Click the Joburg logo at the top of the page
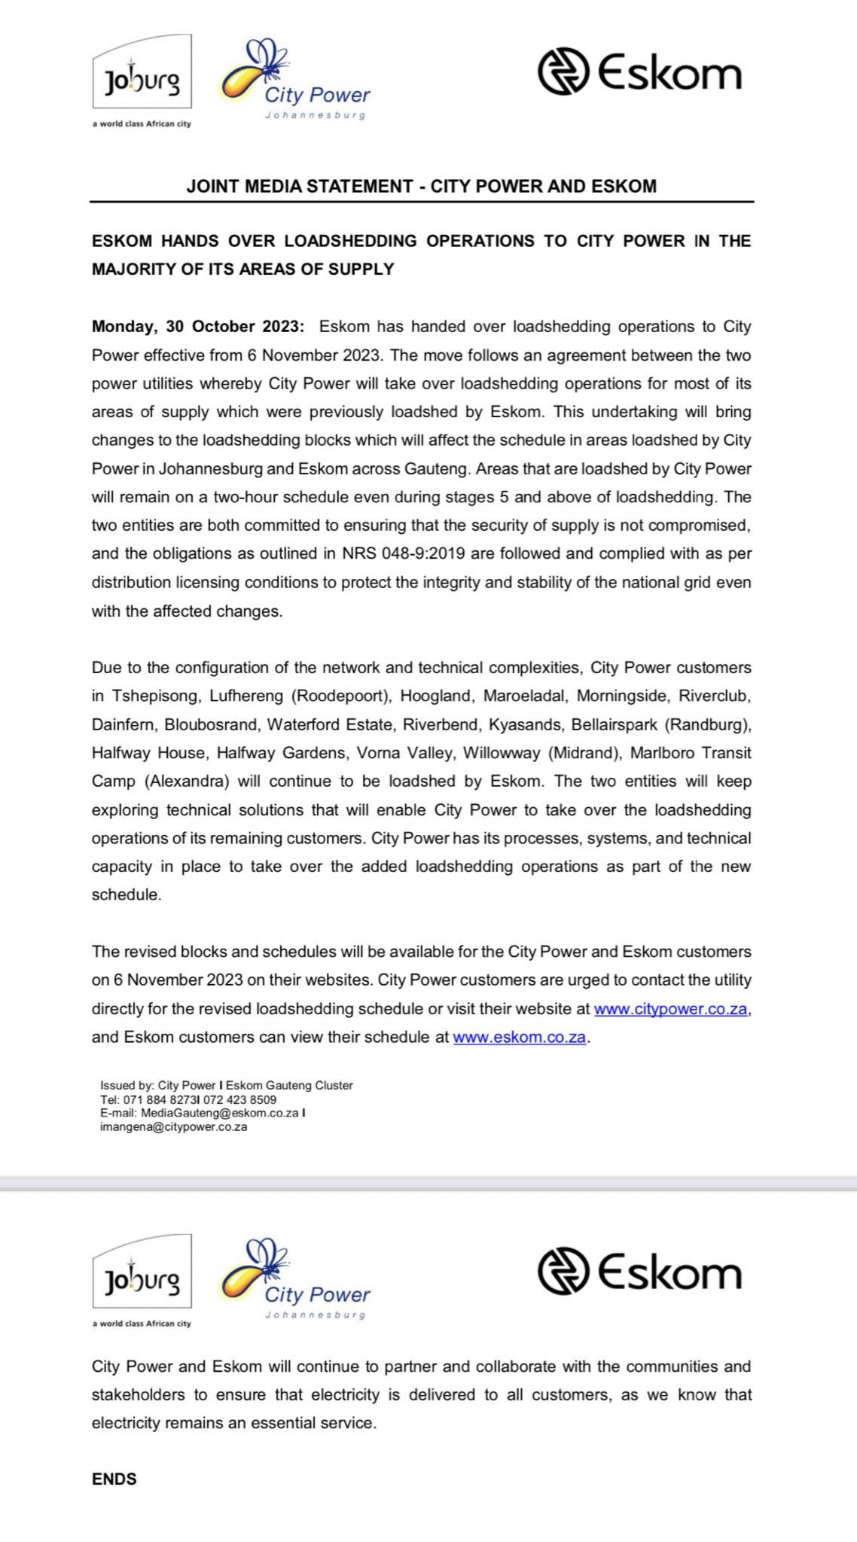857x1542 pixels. point(142,80)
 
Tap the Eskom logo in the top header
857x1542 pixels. point(639,72)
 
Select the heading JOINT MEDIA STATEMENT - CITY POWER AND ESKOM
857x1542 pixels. point(421,186)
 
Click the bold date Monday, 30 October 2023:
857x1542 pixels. point(198,327)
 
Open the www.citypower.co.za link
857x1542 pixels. point(671,1009)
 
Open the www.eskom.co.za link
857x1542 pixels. point(519,1037)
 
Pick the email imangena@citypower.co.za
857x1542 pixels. point(173,1127)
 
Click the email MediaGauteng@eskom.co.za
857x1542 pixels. point(220,1113)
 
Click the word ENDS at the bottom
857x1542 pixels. point(114,1479)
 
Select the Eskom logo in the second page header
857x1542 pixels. point(639,1272)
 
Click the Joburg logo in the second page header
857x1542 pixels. point(142,1280)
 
